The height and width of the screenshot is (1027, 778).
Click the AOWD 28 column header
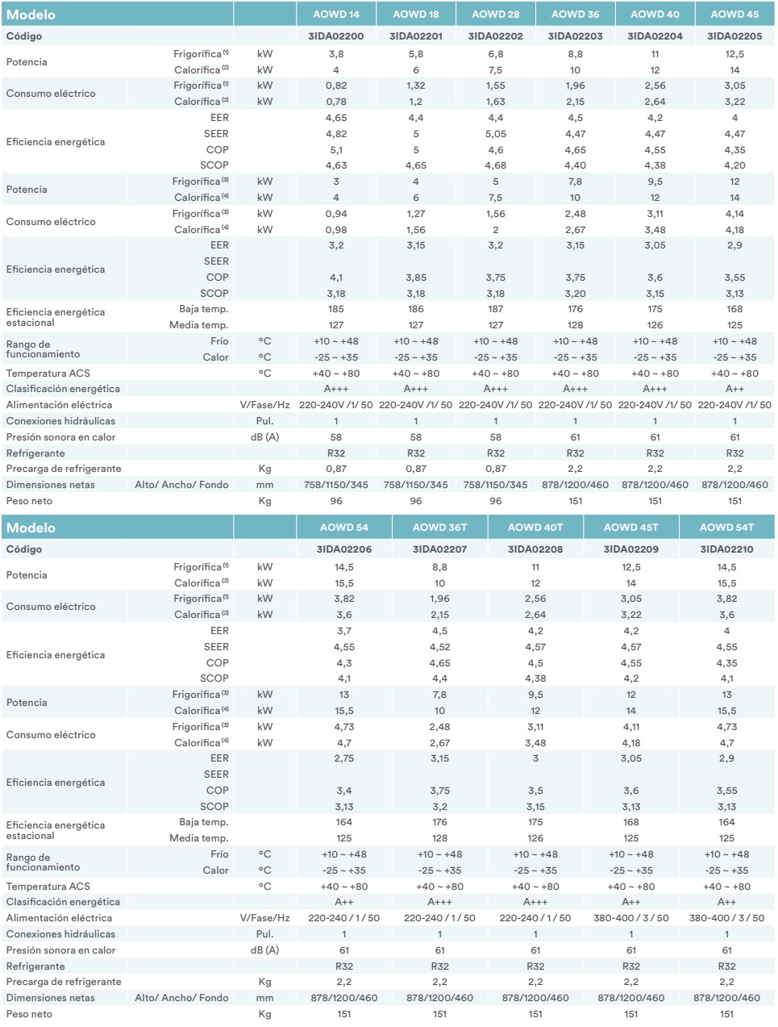(495, 14)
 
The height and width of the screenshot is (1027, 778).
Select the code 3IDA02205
(734, 36)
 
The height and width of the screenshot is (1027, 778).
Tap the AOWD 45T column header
(630, 528)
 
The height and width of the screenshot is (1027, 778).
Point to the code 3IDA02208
(535, 549)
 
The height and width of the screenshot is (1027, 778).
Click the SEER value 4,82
(335, 134)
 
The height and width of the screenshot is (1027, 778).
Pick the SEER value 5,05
(495, 134)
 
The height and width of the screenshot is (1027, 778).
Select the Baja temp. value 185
(335, 309)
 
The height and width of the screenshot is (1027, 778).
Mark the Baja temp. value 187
(495, 309)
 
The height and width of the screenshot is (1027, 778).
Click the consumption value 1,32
(416, 86)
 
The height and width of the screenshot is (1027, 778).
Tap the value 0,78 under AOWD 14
(335, 102)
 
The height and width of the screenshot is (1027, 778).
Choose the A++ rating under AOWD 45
(734, 389)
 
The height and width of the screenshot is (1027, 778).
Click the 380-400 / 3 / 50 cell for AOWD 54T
(726, 918)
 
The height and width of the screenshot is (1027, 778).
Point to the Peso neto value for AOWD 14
(335, 501)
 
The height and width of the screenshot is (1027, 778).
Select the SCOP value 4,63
(335, 165)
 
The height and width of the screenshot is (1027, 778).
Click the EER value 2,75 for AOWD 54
(343, 758)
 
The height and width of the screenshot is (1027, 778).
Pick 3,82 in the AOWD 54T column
(726, 599)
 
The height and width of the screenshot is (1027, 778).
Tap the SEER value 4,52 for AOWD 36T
(439, 647)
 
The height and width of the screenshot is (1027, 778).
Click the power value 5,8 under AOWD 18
(416, 54)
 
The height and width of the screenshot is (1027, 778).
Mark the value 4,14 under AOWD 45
(734, 214)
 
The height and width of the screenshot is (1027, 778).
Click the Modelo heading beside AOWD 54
(31, 528)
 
